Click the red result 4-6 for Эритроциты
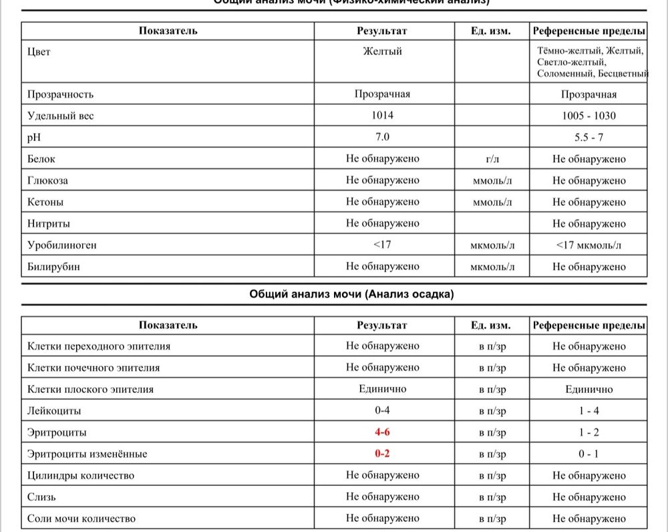point(382,432)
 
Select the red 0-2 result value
point(382,454)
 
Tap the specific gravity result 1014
point(382,116)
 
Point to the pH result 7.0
point(382,137)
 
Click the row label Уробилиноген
point(62,245)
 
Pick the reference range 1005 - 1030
point(589,116)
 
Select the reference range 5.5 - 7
point(589,138)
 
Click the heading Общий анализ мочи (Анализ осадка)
point(351,294)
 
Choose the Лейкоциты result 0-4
point(382,411)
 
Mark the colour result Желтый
point(382,51)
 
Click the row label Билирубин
point(55,267)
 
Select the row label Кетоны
point(45,202)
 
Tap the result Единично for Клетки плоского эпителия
point(382,389)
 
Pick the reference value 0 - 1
point(589,454)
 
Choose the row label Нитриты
point(49,223)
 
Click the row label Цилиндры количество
point(81,475)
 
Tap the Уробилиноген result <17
point(382,245)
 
